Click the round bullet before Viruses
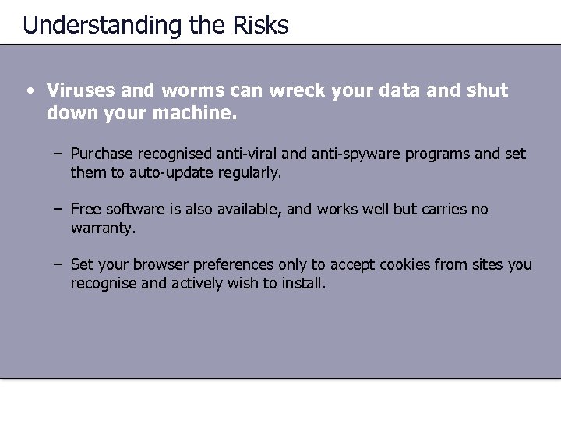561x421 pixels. click(x=28, y=90)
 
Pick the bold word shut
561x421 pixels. click(x=487, y=90)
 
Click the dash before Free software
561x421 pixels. click(x=59, y=210)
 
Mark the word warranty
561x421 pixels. click(x=102, y=229)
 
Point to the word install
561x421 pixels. click(x=301, y=283)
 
